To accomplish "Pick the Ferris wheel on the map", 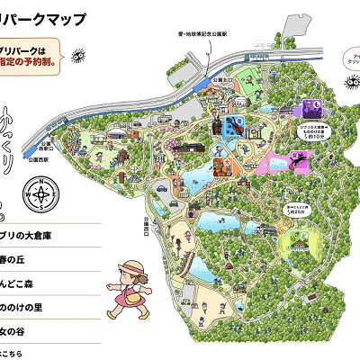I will (x=71, y=144).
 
